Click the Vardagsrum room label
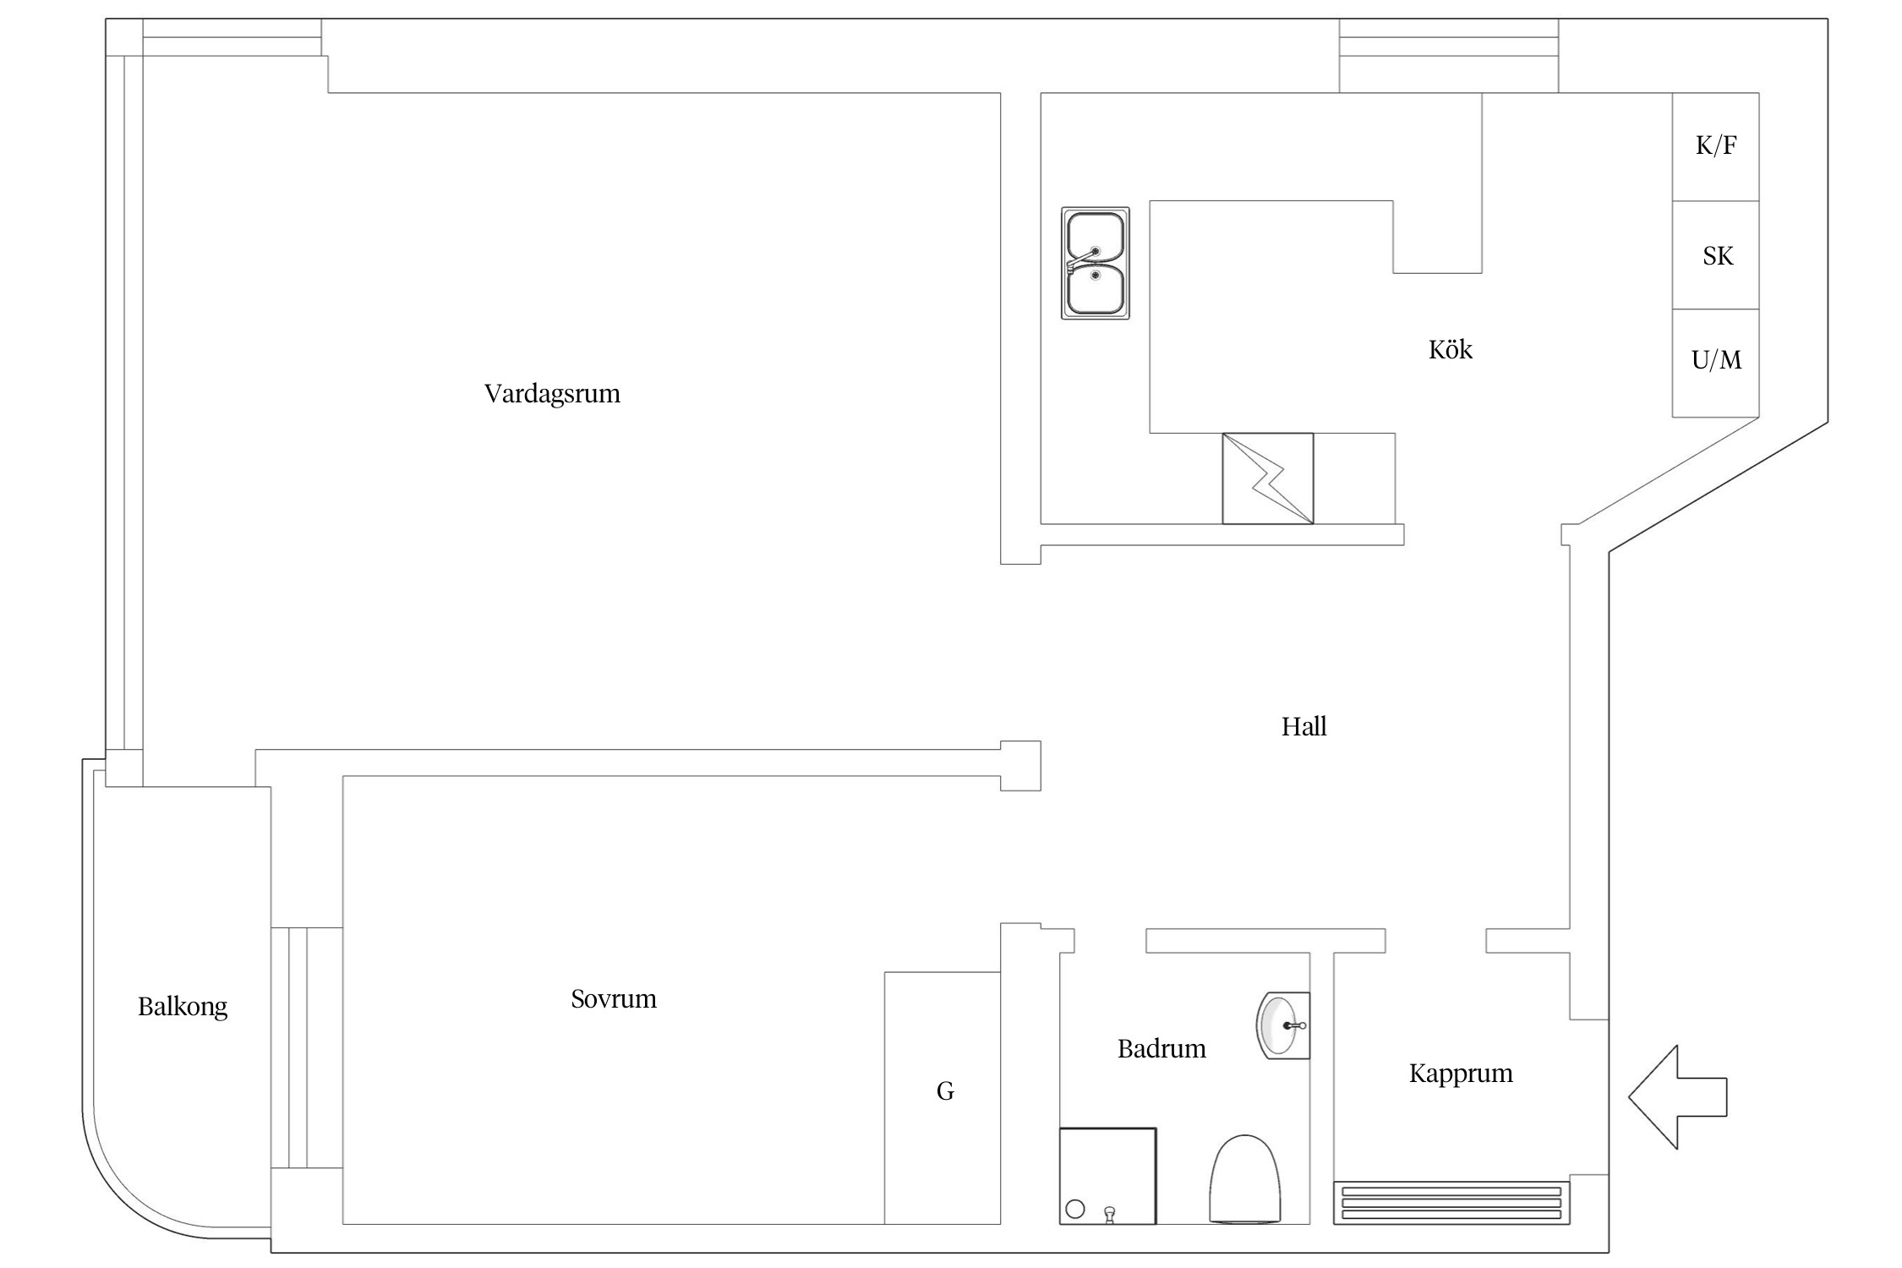coord(552,394)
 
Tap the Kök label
coord(1450,349)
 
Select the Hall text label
coord(1304,726)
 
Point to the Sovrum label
coord(614,999)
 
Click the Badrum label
coord(1161,1049)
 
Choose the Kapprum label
coord(1461,1074)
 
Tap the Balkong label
coord(183,1007)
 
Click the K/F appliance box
coord(1715,147)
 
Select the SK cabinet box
coord(1715,255)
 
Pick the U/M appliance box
coord(1715,363)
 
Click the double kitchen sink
coord(1096,264)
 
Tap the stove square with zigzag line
coord(1268,478)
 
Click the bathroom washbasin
coord(1282,1025)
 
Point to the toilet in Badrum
coord(1244,1179)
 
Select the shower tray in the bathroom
coord(1107,1176)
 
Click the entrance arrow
coord(1677,1097)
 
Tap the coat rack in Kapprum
coord(1451,1203)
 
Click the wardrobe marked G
coord(943,1098)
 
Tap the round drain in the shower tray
coord(1075,1209)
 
